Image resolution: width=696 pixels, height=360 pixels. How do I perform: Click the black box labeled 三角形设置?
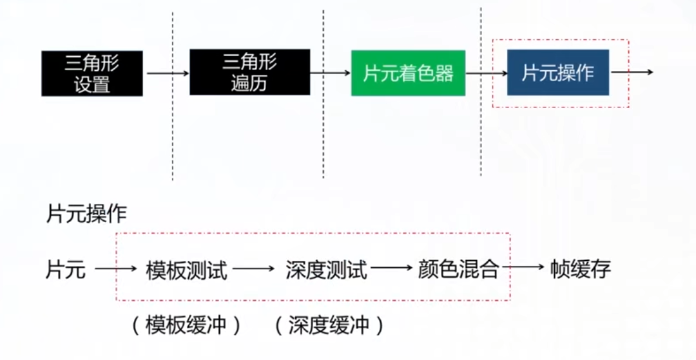[x=92, y=73]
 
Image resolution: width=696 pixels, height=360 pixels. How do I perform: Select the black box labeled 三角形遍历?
[x=250, y=72]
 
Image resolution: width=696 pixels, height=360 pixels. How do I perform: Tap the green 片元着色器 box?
[x=409, y=73]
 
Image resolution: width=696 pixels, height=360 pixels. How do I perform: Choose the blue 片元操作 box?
[x=558, y=73]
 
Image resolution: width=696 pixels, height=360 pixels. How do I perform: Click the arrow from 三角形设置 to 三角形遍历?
[x=168, y=73]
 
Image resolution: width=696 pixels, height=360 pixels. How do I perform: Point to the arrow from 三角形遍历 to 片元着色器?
[x=331, y=73]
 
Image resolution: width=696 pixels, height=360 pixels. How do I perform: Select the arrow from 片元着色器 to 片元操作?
[x=487, y=73]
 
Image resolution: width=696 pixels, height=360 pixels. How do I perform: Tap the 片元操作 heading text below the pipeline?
[x=86, y=214]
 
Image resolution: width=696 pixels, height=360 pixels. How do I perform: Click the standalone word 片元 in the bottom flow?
[x=66, y=269]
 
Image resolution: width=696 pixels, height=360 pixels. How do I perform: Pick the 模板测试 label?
[x=186, y=270]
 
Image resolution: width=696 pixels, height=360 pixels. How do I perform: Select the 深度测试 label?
[x=327, y=270]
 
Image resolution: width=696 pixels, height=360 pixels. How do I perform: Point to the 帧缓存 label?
[x=581, y=269]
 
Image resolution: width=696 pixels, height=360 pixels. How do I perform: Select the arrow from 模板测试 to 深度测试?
[x=253, y=268]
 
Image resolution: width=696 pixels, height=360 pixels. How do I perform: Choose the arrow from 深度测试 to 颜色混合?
[x=392, y=267]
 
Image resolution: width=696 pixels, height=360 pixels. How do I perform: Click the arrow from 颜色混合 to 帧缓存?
[x=523, y=267]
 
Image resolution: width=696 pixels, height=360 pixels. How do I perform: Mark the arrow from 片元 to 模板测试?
[x=116, y=268]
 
